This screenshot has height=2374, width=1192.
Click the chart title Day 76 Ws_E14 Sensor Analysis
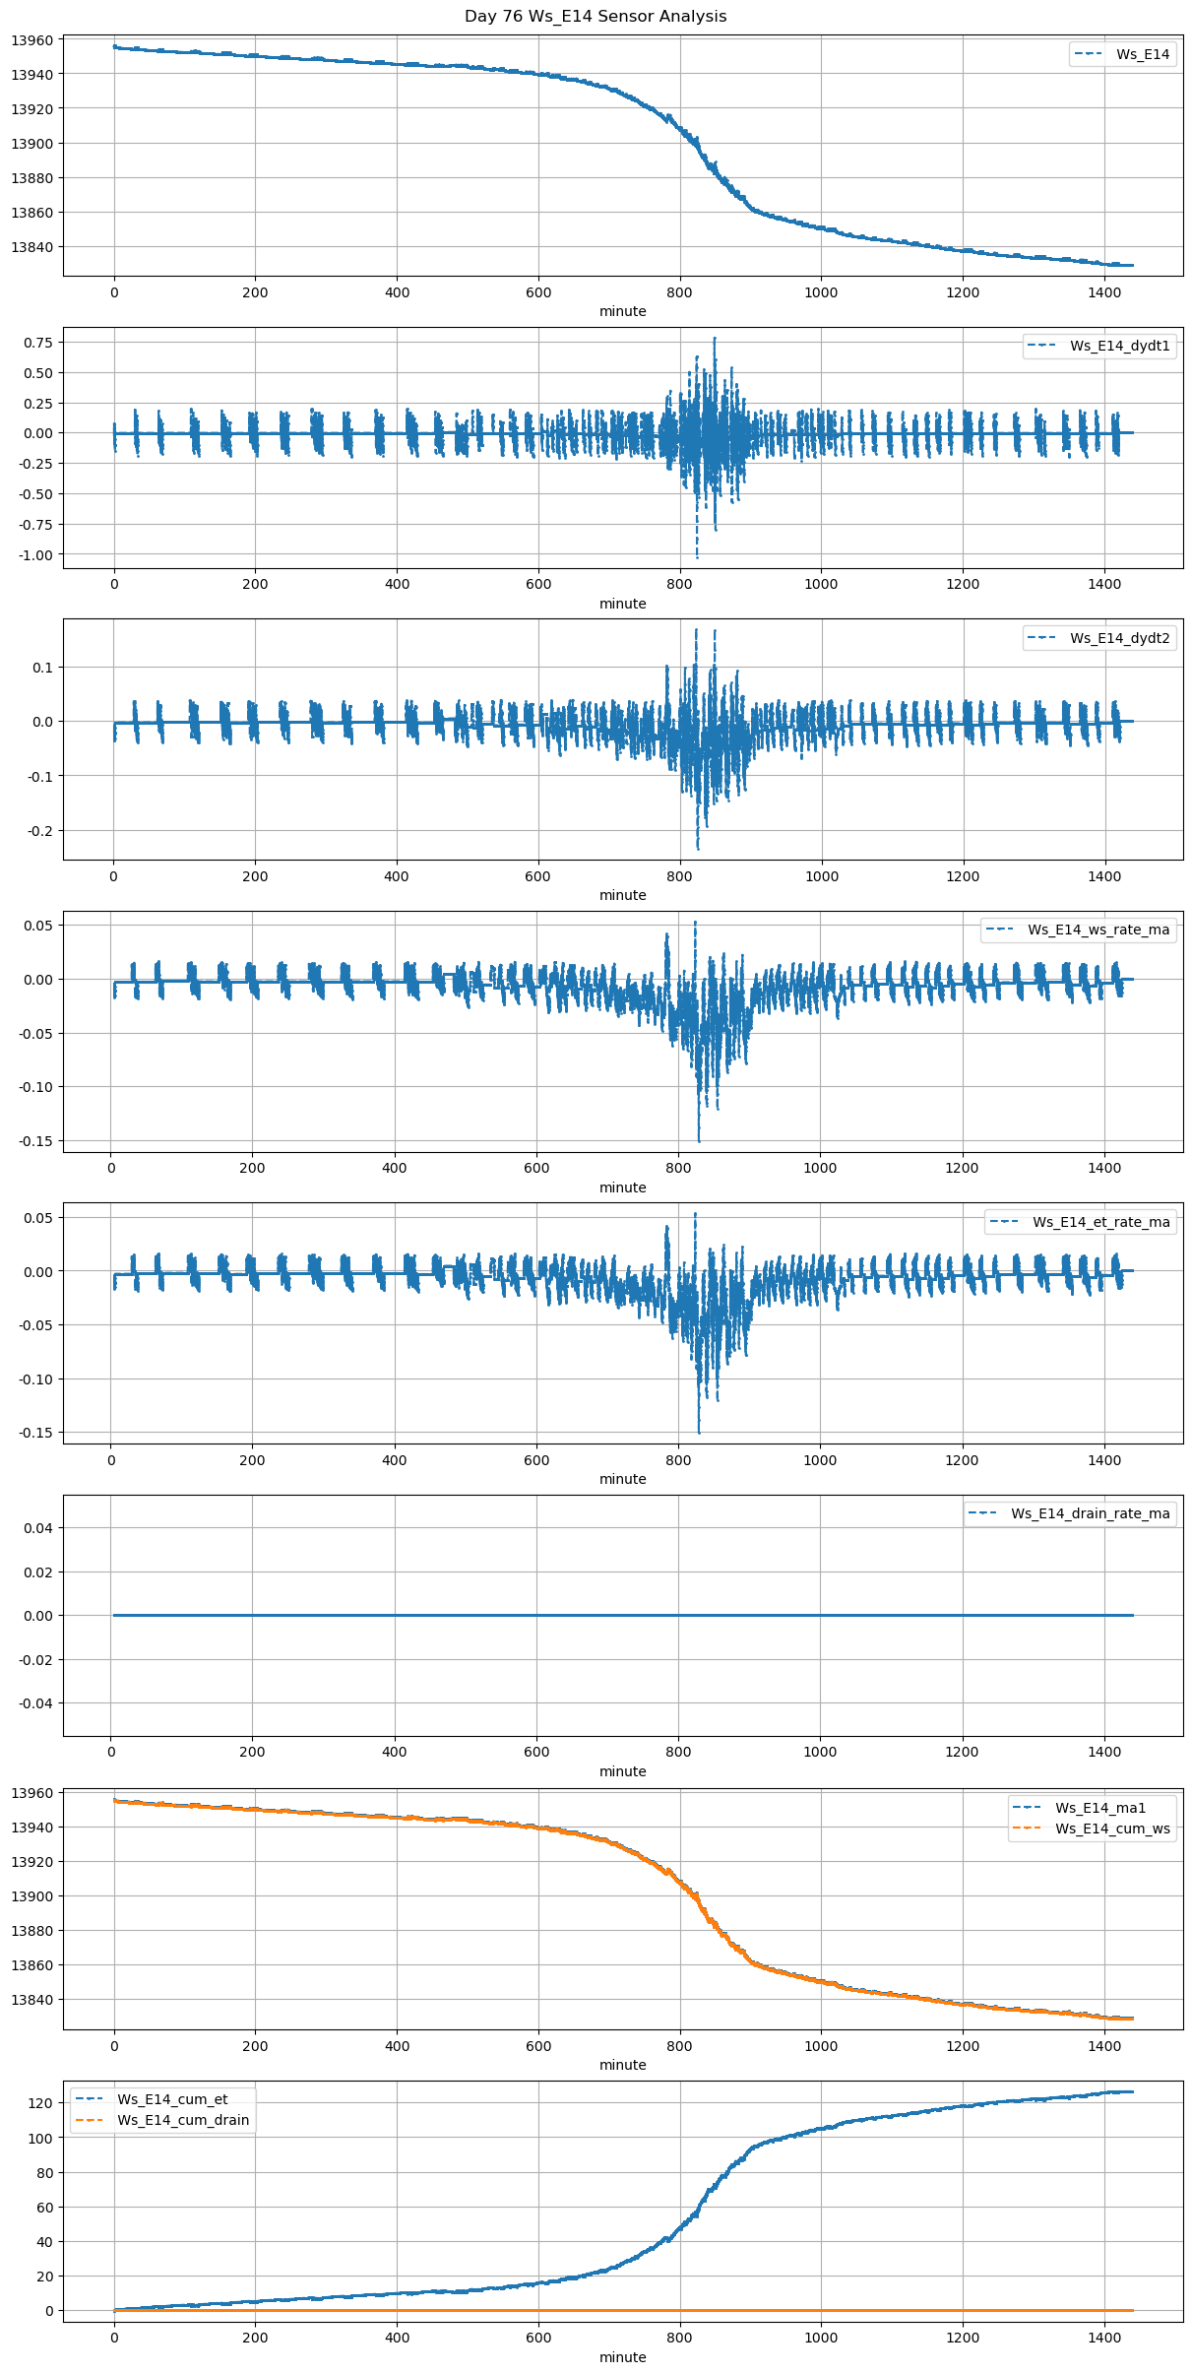pos(596,17)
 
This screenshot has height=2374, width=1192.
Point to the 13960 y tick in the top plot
pos(31,40)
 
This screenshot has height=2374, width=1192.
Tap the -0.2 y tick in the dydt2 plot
pos(40,831)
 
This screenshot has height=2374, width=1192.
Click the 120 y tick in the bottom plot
pos(40,2103)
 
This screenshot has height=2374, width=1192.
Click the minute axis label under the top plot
pos(622,311)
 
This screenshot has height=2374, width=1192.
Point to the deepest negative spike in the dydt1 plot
pos(697,557)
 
